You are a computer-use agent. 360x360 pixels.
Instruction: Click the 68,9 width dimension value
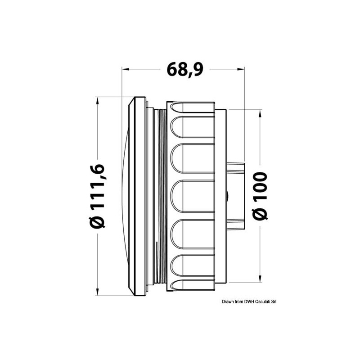pos(184,70)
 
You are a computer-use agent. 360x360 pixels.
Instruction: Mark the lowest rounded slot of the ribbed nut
pos(193,265)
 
